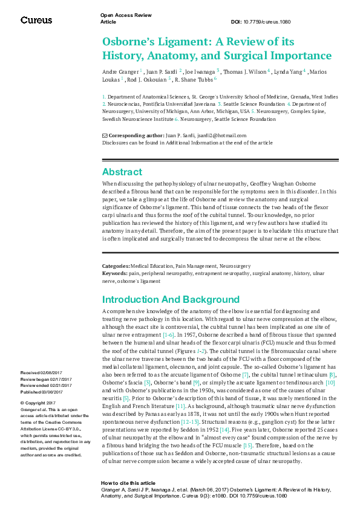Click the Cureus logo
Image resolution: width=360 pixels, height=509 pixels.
pyautogui.click(x=36, y=20)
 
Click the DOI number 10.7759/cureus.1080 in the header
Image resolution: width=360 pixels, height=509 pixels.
pyautogui.click(x=267, y=22)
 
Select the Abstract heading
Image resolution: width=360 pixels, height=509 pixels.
pyautogui.click(x=122, y=172)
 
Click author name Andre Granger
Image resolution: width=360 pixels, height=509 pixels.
pyautogui.click(x=120, y=71)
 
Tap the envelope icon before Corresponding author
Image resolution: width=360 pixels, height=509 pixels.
pyautogui.click(x=105, y=135)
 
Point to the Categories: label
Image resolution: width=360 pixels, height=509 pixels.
pyautogui.click(x=116, y=266)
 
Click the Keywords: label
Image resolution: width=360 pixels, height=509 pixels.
pyautogui.click(x=115, y=273)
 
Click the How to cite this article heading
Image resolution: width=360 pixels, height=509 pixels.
pyautogui.click(x=128, y=484)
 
